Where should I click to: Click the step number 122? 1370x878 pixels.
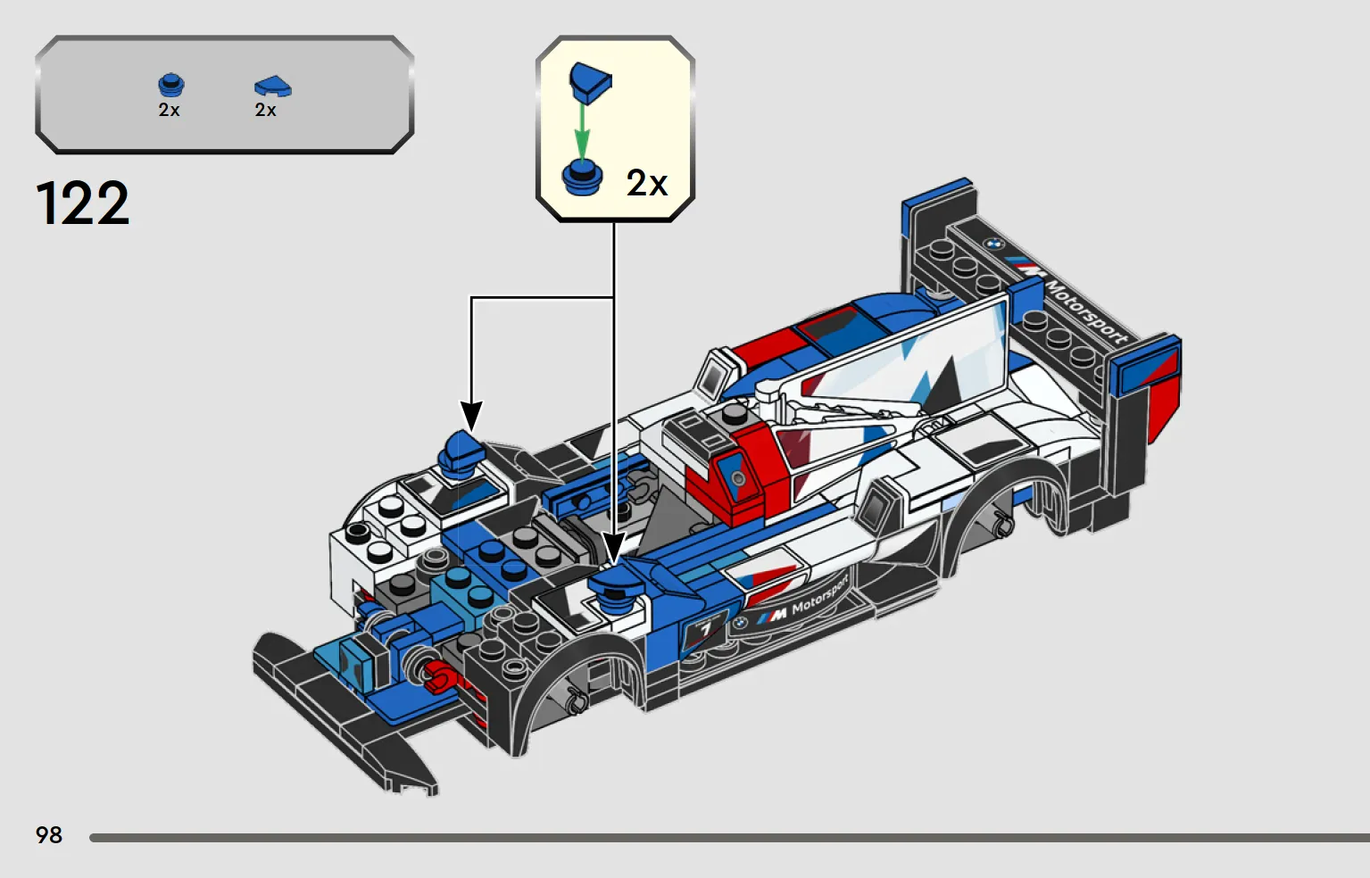coord(83,203)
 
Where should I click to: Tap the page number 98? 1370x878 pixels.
coord(49,834)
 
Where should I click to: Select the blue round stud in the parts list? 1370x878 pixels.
coord(171,86)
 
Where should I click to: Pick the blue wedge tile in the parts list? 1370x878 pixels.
coord(273,87)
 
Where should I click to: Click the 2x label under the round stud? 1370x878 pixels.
coord(169,110)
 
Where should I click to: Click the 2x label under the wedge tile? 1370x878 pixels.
coord(265,110)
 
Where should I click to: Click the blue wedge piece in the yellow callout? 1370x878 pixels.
coord(590,83)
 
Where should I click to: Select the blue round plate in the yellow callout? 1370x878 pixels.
coord(582,178)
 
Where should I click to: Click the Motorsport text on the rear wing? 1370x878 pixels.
coord(1086,311)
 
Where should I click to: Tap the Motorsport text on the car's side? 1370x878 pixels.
coord(819,595)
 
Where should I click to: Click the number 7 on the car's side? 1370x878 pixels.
coord(706,628)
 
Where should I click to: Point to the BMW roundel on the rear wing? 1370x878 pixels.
coord(994,244)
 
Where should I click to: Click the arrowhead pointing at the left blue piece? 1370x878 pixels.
coord(471,416)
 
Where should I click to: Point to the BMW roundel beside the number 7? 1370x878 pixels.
coord(739,624)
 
